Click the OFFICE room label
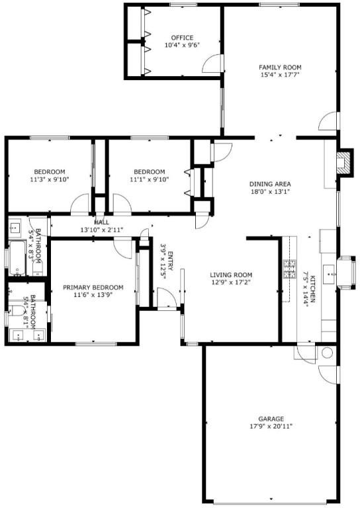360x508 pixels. coord(182,38)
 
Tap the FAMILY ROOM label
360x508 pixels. coord(280,67)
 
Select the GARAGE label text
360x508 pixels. coord(271,419)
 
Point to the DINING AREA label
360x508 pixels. coord(270,184)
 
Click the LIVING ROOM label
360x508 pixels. coord(231,275)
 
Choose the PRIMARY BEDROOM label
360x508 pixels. coord(93,287)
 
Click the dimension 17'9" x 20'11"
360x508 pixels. coord(271,427)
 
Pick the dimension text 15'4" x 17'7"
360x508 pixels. coord(280,75)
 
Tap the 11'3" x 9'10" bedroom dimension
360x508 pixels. coord(50,179)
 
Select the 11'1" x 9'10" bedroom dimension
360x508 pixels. coord(150,179)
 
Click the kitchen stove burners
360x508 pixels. coord(289,269)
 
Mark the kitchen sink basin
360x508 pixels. coord(329,275)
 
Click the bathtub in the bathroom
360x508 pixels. coord(17,258)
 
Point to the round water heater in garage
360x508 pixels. coord(327,353)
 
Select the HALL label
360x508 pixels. coord(101,222)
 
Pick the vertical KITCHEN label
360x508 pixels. coord(313,288)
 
